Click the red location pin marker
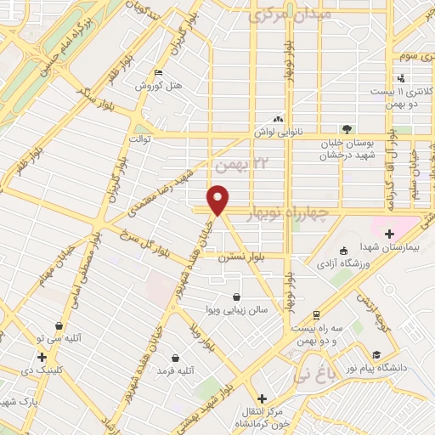click(220, 199)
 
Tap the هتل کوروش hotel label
click(156, 86)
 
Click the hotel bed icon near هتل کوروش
click(157, 72)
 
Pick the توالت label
click(139, 138)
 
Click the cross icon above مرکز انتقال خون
click(262, 398)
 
